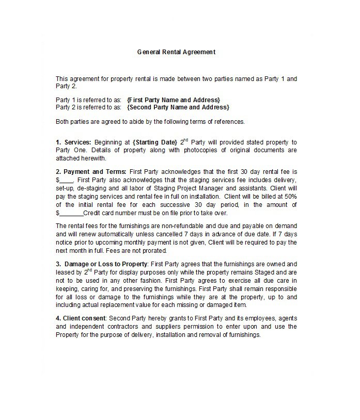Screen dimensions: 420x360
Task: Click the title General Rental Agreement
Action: coord(176,52)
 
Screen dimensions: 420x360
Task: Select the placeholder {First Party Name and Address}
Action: coord(174,100)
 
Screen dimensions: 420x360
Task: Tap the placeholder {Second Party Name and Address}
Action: coord(178,107)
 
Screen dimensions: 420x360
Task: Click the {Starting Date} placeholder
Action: coord(154,142)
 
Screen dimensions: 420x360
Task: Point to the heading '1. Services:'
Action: coord(73,142)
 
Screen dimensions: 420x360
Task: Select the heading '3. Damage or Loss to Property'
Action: coord(102,264)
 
